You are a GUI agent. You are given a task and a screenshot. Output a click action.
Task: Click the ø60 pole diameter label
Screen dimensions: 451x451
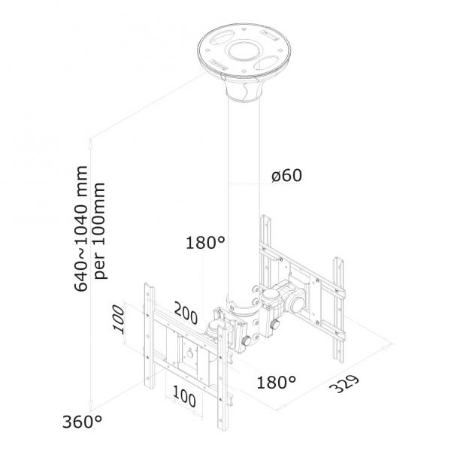click(x=286, y=175)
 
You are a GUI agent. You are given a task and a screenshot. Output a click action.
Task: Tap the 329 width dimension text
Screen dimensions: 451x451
click(x=344, y=383)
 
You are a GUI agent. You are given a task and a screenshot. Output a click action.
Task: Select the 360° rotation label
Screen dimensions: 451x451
click(x=82, y=422)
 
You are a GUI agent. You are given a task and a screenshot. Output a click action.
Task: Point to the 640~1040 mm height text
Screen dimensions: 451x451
click(x=81, y=229)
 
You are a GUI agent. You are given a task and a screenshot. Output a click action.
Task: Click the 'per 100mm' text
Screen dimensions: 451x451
click(x=99, y=231)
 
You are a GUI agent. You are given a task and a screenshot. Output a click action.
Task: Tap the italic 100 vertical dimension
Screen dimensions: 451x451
click(x=119, y=319)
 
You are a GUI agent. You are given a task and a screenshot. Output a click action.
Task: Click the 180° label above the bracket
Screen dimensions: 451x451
click(x=205, y=243)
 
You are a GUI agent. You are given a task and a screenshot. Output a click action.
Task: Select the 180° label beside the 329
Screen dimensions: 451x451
click(x=276, y=383)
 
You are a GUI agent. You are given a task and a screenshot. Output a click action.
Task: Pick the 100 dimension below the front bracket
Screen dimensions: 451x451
click(x=184, y=396)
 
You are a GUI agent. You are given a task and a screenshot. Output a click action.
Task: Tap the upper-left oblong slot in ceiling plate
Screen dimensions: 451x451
click(x=222, y=38)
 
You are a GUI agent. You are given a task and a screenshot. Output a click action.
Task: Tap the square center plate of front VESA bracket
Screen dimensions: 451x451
click(x=189, y=353)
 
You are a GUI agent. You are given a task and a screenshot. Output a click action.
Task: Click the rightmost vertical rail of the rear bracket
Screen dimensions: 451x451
click(x=338, y=310)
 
